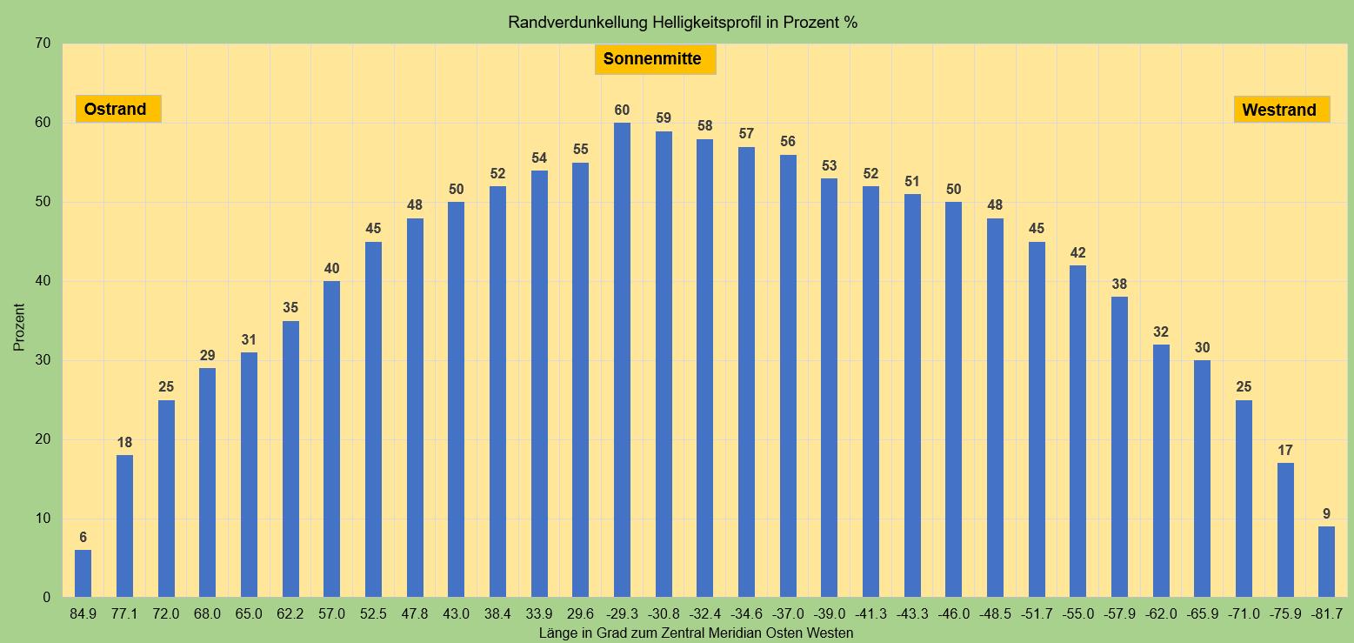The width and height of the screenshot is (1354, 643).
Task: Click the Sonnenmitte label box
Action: pyautogui.click(x=655, y=60)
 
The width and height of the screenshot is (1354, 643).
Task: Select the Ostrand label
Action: pyautogui.click(x=117, y=109)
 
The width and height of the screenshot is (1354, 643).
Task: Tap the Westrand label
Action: pyautogui.click(x=1281, y=110)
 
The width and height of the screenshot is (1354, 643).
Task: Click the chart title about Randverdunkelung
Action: pyautogui.click(x=683, y=23)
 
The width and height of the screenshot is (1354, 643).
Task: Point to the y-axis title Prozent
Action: pyautogui.click(x=19, y=327)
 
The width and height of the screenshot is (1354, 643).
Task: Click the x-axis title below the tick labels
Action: pyautogui.click(x=696, y=633)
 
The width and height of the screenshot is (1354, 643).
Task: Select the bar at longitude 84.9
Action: pyautogui.click(x=83, y=573)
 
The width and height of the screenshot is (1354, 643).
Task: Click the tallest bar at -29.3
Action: pyautogui.click(x=622, y=360)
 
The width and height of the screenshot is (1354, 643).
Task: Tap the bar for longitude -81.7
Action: pyautogui.click(x=1326, y=561)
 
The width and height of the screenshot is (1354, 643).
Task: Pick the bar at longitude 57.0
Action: pyautogui.click(x=331, y=439)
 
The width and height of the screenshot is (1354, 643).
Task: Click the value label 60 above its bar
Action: pyautogui.click(x=622, y=111)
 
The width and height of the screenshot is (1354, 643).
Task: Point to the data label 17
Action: pyautogui.click(x=1285, y=451)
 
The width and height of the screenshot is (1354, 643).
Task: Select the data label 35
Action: pyautogui.click(x=290, y=308)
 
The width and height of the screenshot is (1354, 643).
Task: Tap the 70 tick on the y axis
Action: pyautogui.click(x=43, y=44)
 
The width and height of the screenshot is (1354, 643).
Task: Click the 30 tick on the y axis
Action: pyautogui.click(x=43, y=360)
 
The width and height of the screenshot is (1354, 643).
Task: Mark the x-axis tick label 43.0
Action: pyautogui.click(x=456, y=614)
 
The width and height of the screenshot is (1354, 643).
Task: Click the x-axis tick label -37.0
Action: pyautogui.click(x=788, y=614)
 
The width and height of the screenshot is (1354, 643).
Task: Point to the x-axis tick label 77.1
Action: pyautogui.click(x=124, y=614)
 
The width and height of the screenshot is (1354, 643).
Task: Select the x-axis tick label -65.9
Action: pyautogui.click(x=1202, y=614)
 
